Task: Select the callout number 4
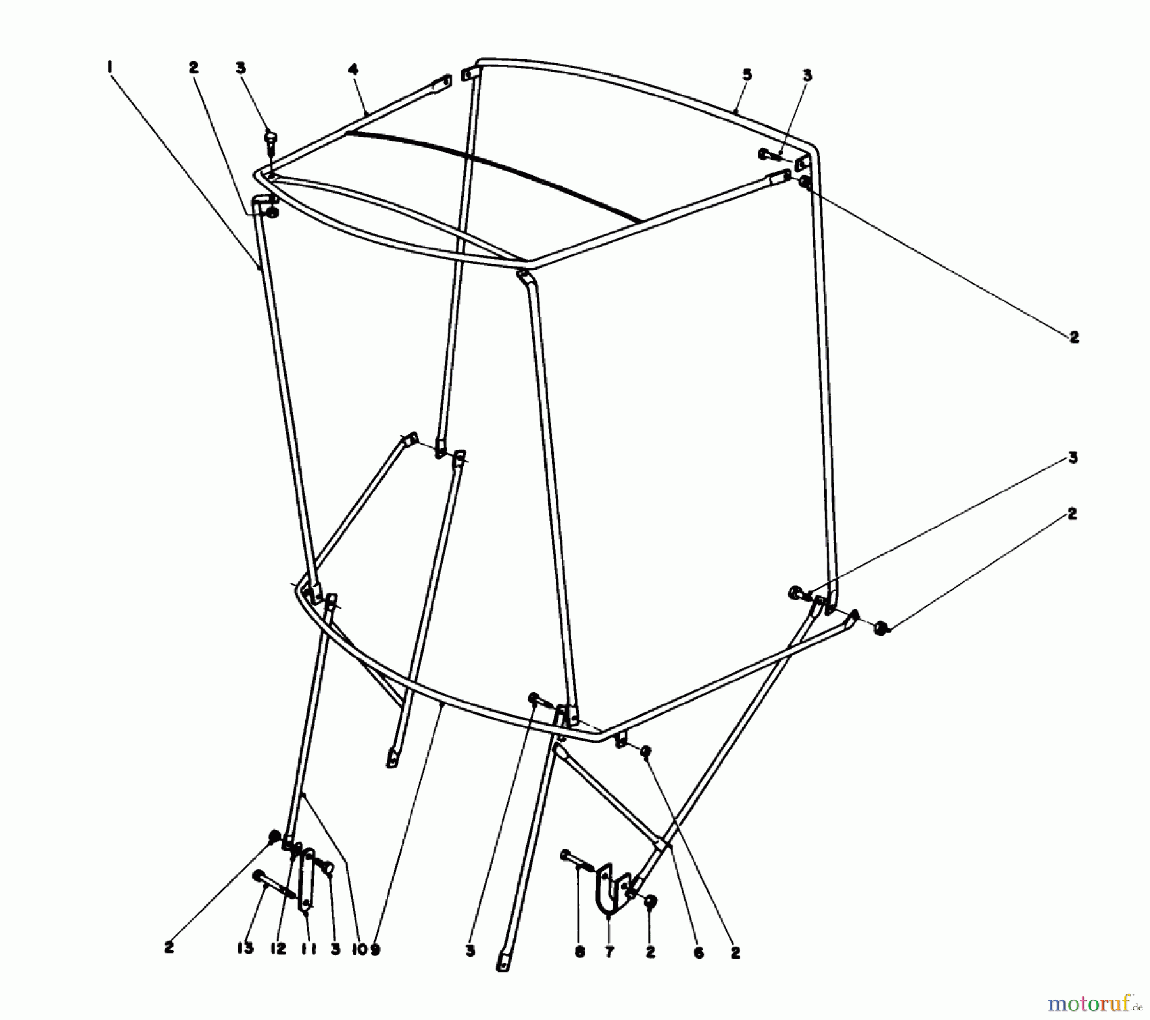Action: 353,69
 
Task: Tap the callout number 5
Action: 747,75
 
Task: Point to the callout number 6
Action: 698,953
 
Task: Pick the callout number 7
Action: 609,953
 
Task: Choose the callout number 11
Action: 306,948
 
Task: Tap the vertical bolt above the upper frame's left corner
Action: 270,144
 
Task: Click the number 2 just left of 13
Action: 169,948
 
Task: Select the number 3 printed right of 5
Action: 807,75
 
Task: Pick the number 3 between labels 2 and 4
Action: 240,68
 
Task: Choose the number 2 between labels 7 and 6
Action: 650,952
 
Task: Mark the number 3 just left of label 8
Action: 470,952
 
